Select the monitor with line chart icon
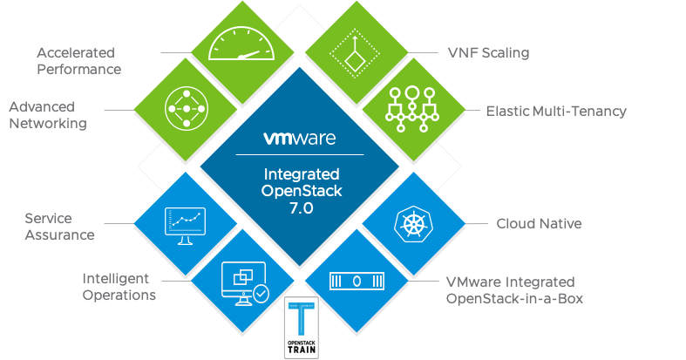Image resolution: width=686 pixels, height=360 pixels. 185,223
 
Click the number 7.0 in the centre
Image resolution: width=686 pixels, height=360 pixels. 299,209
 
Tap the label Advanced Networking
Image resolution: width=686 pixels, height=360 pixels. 48,115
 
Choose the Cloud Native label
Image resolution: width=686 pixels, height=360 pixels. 539,224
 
